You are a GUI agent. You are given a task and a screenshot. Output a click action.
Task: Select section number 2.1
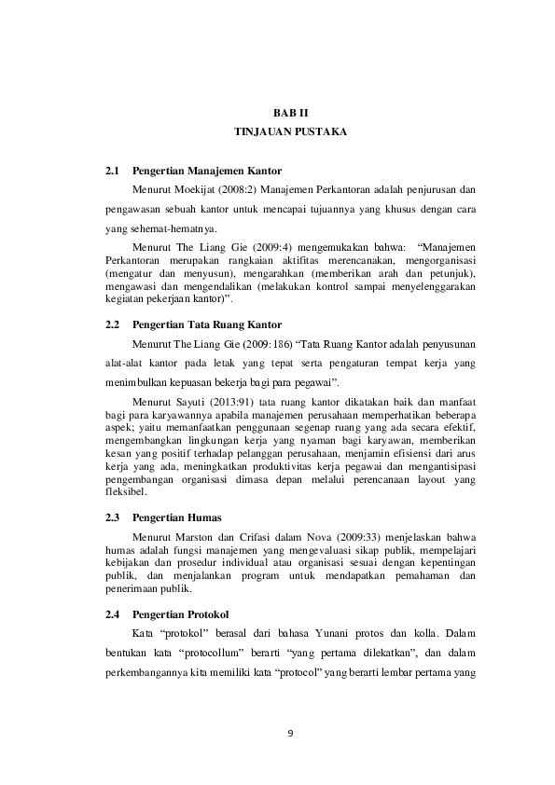coord(114,172)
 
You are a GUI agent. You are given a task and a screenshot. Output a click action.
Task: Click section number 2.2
coord(114,325)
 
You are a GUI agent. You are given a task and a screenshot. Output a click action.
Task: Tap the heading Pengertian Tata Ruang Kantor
coord(207,325)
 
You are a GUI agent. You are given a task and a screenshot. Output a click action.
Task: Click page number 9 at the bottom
coord(290,731)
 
